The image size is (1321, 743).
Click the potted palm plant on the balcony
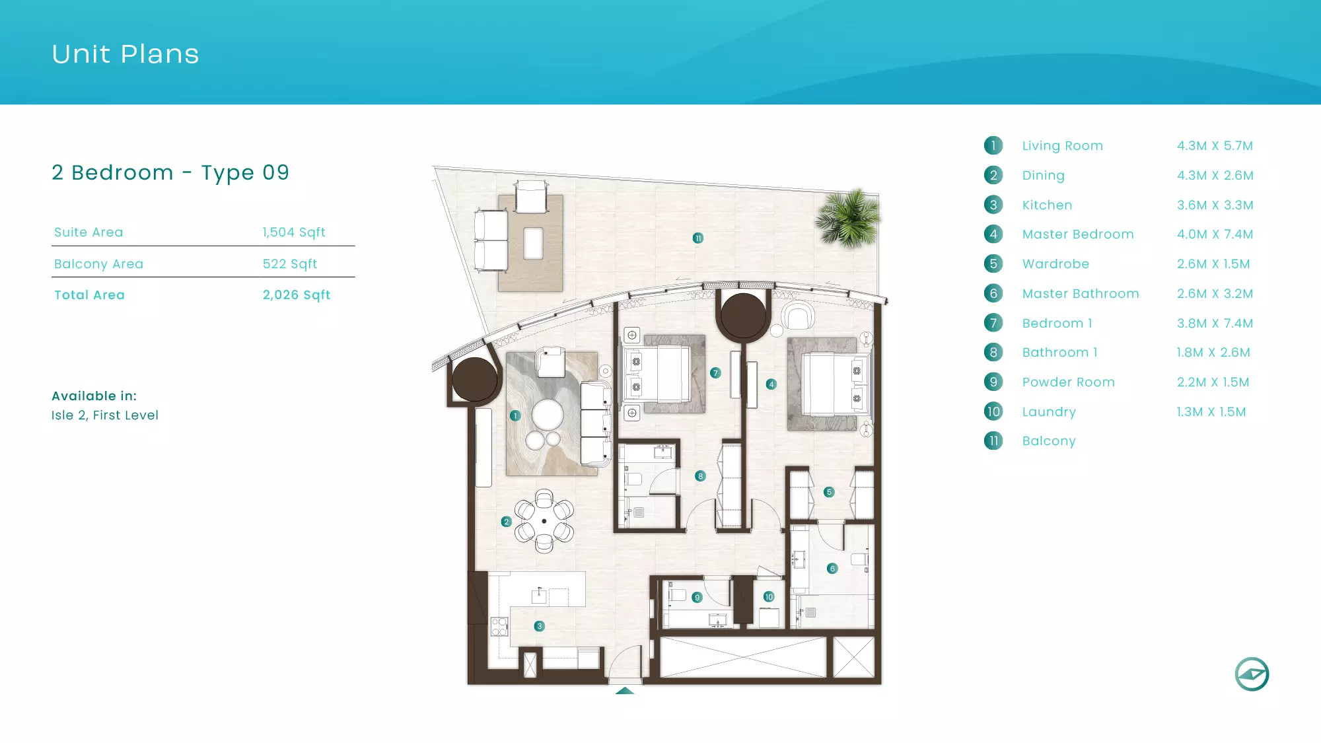coord(848,218)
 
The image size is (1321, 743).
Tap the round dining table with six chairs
coord(544,521)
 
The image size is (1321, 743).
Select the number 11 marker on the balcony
coord(698,238)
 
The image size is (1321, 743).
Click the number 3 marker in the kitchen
coord(540,626)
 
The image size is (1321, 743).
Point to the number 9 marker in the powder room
coord(697,598)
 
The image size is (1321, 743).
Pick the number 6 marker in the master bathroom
coord(832,569)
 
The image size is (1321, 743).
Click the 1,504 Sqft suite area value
coord(294,232)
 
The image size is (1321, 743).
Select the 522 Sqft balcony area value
coord(290,264)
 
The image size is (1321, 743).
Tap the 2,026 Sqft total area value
coord(297,295)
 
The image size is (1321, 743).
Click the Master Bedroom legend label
coord(1078,234)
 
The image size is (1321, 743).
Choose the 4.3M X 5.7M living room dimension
coord(1215,146)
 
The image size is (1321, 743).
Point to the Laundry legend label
coord(1049,412)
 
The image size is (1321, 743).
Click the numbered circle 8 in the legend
coord(993,353)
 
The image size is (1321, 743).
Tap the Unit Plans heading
coord(125,54)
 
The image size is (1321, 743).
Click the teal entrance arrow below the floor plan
coord(625,691)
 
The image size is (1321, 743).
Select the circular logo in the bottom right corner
coord(1252,674)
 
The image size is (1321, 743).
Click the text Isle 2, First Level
coord(105,415)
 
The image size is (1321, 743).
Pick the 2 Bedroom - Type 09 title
coord(170,173)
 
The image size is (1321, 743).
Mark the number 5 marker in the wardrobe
coord(830,492)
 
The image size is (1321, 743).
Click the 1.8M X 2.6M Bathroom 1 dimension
coord(1213,353)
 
